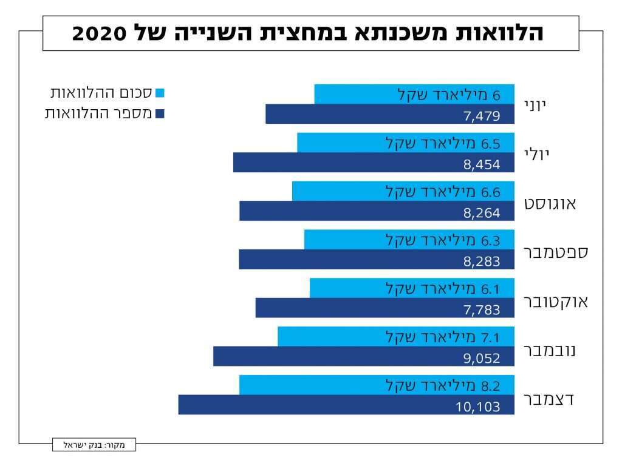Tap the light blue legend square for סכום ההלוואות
pyautogui.click(x=160, y=93)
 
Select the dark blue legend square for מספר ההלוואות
pyautogui.click(x=160, y=113)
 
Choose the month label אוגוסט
pyautogui.click(x=550, y=203)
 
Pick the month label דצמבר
pyautogui.click(x=549, y=399)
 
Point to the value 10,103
pyautogui.click(x=478, y=406)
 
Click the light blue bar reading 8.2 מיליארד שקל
pyautogui.click(x=377, y=385)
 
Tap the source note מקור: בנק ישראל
pyautogui.click(x=94, y=445)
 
